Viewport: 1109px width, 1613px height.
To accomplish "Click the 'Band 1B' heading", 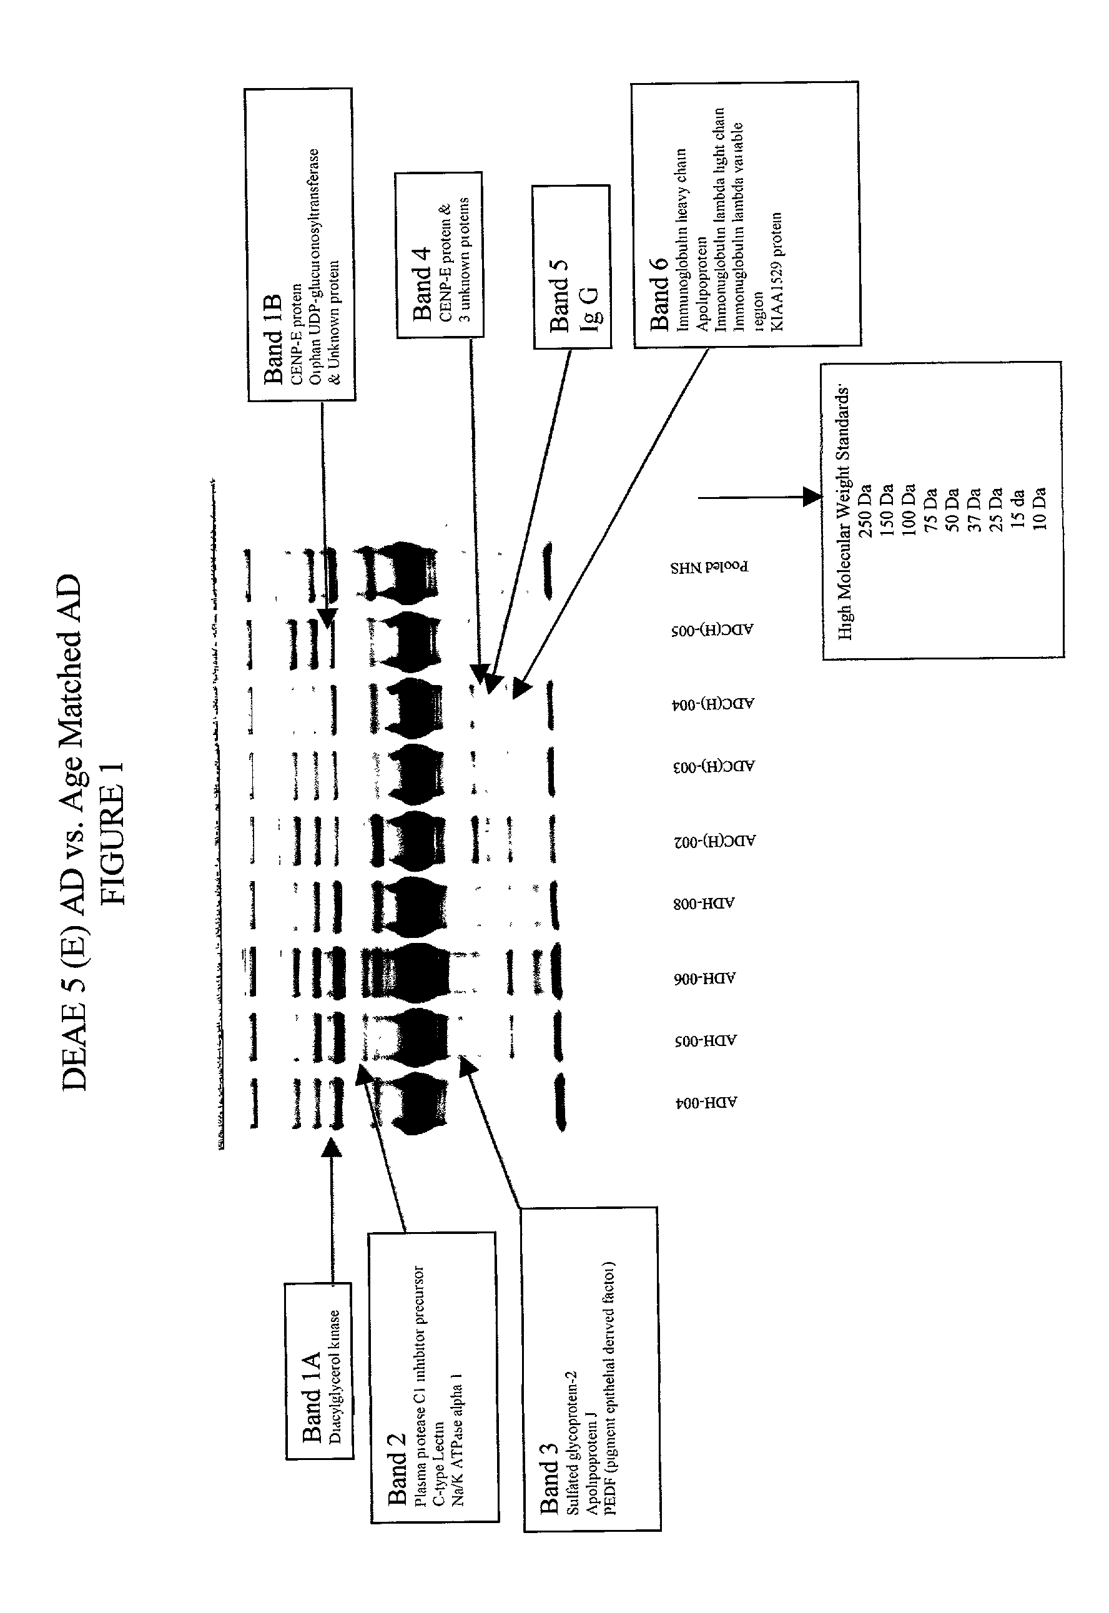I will (272, 340).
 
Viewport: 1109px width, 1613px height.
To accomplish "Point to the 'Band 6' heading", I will (658, 293).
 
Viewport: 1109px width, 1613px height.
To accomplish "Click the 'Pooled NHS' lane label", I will (709, 566).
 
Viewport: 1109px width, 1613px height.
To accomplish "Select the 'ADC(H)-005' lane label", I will (712, 629).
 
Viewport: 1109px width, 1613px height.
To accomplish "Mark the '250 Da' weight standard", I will (865, 511).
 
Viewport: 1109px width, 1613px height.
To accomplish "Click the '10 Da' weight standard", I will (1039, 509).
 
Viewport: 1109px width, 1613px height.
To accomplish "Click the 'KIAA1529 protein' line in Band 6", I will (777, 271).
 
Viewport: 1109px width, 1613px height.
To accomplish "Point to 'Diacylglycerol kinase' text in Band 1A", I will (335, 1387).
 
